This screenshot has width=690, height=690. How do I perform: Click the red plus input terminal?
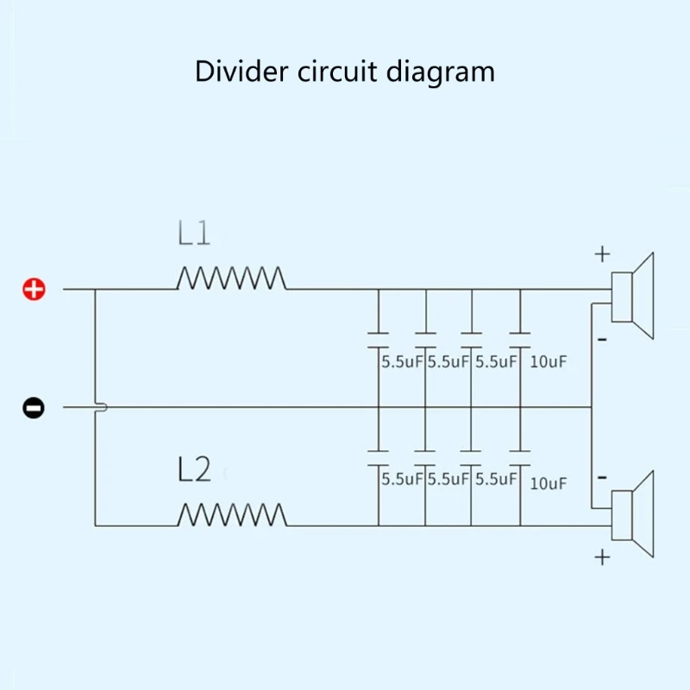pos(34,290)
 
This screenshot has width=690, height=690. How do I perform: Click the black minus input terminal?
pos(34,407)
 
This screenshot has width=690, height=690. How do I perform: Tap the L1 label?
pos(193,233)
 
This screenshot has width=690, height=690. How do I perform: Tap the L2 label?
pos(194,469)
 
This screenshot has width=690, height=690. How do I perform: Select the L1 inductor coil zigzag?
pos(231,278)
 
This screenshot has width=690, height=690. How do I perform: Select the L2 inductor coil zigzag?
pos(232,514)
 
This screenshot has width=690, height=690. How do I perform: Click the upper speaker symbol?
pos(632,296)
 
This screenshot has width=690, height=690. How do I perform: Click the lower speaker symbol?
pos(632,514)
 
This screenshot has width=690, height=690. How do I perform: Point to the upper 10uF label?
pos(548,361)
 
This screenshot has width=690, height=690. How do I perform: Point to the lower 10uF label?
pos(548,483)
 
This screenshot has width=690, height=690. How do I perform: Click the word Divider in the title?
pos(241,71)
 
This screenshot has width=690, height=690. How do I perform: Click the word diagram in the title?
pos(441,72)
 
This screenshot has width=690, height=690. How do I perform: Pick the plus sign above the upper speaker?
pos(602,254)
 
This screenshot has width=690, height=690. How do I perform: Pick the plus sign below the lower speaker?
pos(602,557)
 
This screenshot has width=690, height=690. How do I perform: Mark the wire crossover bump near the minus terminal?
pos(102,407)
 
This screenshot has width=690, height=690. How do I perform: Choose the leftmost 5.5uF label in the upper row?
pos(402,361)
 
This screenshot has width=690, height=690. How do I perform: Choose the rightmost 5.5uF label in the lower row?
pos(496,479)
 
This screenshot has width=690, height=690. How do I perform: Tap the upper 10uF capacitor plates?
pos(520,340)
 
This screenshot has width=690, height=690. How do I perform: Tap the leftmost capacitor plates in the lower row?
pos(379,458)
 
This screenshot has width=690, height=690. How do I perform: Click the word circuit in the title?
pos(337,71)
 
